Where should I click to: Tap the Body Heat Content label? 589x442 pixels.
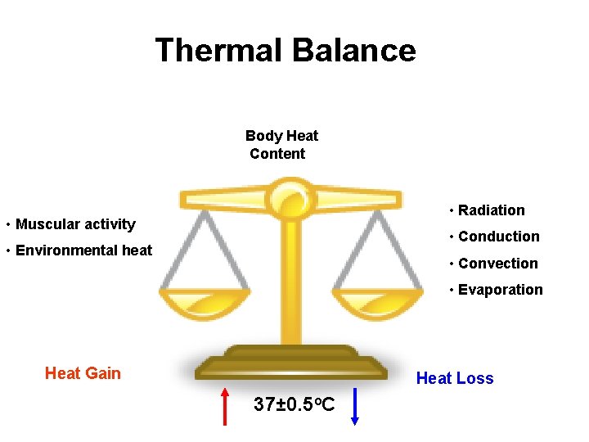click(x=281, y=145)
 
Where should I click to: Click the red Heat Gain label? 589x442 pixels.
click(x=83, y=374)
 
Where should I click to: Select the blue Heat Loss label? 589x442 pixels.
click(x=455, y=378)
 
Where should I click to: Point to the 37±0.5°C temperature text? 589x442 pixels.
click(x=294, y=404)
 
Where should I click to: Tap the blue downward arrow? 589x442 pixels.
click(x=355, y=406)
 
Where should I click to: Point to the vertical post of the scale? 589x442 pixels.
click(x=290, y=278)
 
